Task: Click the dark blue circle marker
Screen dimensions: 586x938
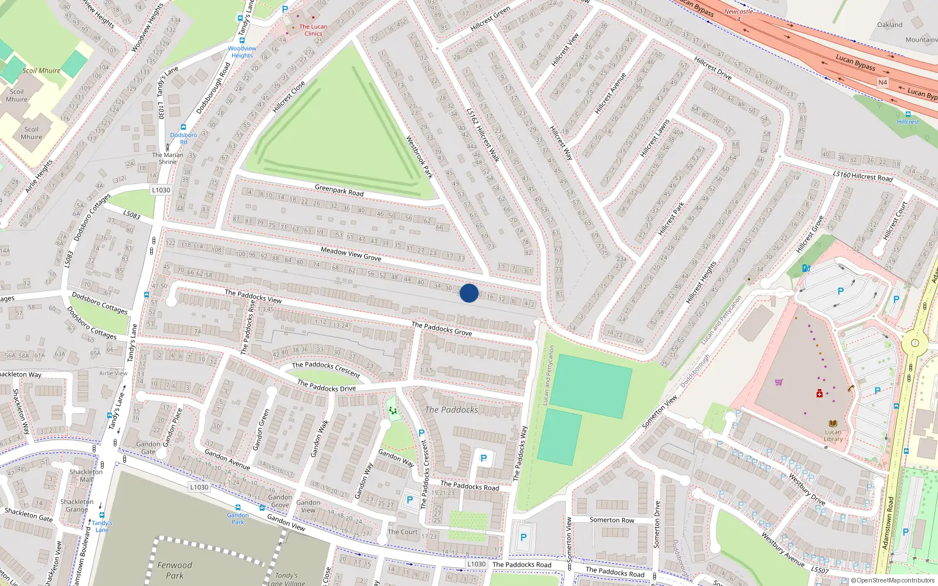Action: tap(469, 293)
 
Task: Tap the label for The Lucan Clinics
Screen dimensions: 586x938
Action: tap(313, 30)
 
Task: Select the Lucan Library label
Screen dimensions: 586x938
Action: tap(833, 435)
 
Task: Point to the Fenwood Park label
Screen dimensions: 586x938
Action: tap(175, 570)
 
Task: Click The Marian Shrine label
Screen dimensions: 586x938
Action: tap(168, 158)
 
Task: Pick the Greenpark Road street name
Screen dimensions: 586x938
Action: tap(339, 190)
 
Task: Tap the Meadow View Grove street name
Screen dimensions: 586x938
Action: tap(351, 254)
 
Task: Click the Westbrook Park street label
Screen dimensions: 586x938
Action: tap(420, 157)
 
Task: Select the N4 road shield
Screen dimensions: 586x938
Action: tap(882, 83)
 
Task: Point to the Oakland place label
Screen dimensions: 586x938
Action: tap(890, 25)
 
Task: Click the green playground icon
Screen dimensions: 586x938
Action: tap(393, 410)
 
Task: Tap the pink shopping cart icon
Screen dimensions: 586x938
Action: tap(779, 382)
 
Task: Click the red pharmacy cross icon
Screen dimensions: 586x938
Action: tap(820, 393)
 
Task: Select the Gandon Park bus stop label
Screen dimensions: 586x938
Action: tap(237, 519)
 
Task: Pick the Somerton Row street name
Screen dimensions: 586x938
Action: tap(611, 520)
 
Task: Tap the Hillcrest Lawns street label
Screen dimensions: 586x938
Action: tap(655, 138)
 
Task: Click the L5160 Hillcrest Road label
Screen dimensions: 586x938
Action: tap(862, 176)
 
